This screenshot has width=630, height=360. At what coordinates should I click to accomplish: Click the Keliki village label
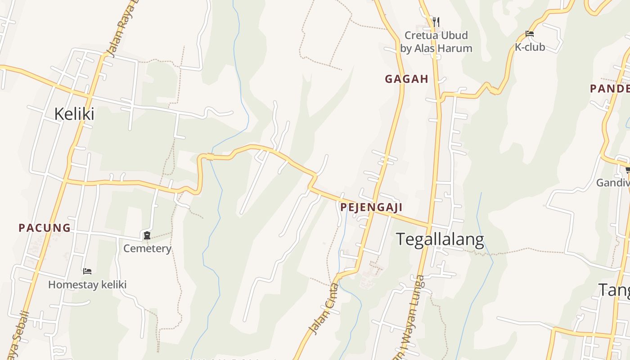pos(74,114)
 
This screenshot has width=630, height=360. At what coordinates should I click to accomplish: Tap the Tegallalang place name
pos(440,239)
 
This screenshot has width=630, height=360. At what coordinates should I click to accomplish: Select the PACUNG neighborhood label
pos(45,228)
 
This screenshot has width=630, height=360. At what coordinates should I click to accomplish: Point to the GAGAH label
pos(406,79)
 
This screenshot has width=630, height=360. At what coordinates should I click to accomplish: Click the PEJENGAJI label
pos(371,207)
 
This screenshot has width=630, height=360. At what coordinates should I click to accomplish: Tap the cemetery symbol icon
pos(147,235)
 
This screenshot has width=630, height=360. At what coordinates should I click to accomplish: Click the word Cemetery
pos(147,248)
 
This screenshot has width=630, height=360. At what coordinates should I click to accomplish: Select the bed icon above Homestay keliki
pos(87,271)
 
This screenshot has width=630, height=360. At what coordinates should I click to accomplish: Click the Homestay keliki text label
pos(87,284)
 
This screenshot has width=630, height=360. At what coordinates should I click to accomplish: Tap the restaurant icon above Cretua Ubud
pos(436,21)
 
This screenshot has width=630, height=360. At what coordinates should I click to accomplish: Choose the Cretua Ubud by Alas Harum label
pos(436,42)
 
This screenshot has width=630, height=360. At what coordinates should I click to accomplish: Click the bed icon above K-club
pos(530,34)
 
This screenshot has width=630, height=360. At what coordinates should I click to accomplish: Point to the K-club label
pos(530,47)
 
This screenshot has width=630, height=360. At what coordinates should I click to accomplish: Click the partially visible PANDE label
pos(610,89)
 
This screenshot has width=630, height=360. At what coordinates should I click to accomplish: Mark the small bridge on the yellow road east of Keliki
pos(210,157)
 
